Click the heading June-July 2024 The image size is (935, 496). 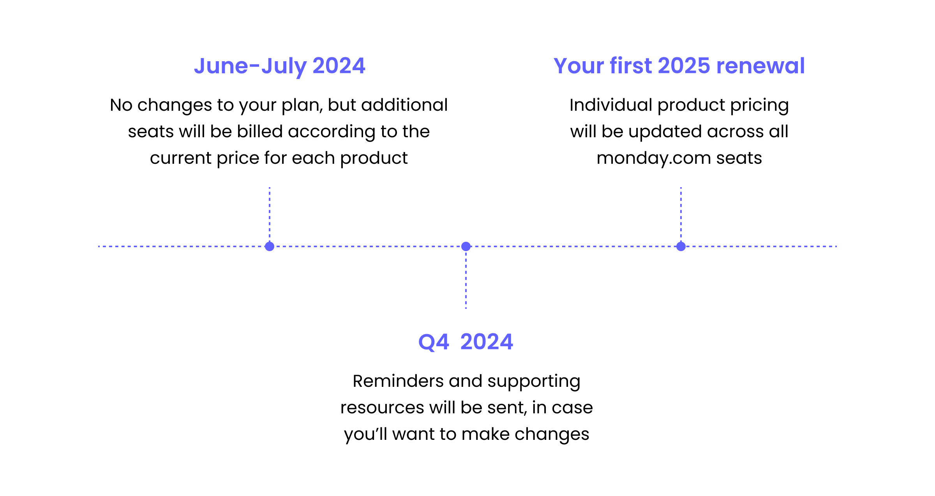279,66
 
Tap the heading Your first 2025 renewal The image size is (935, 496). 679,66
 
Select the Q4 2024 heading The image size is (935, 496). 466,342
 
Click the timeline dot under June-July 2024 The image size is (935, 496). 270,246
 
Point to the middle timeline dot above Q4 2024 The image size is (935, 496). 466,246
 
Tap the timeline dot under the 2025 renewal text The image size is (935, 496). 681,246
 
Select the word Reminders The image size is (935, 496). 398,381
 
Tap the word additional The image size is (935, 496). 405,105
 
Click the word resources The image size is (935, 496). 382,408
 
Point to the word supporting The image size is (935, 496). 534,382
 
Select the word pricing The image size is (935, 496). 759,106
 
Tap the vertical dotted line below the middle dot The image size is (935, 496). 466,281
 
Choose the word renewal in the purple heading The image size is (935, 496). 760,66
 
